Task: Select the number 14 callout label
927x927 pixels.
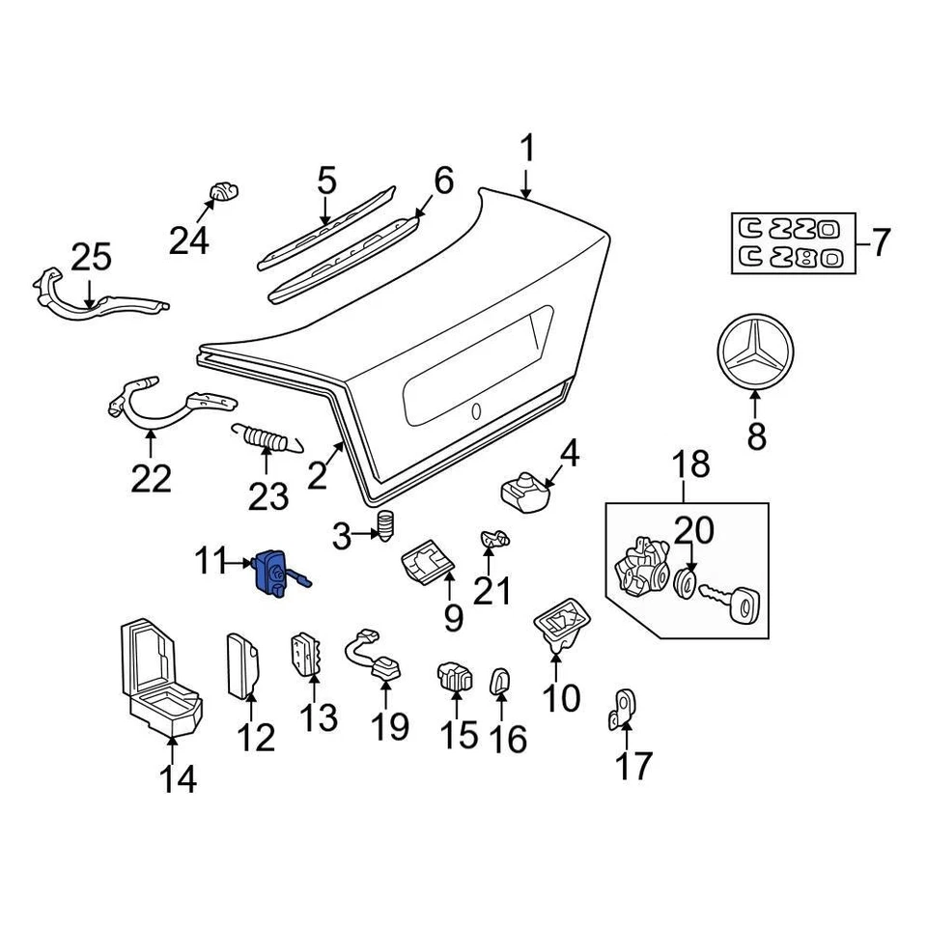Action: click(x=179, y=777)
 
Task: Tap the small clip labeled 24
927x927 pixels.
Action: click(x=221, y=190)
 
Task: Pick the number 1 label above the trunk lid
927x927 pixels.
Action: click(x=527, y=150)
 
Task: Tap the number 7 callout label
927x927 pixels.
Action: click(x=881, y=241)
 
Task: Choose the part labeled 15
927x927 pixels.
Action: click(x=453, y=675)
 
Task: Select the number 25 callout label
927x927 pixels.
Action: click(x=92, y=259)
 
